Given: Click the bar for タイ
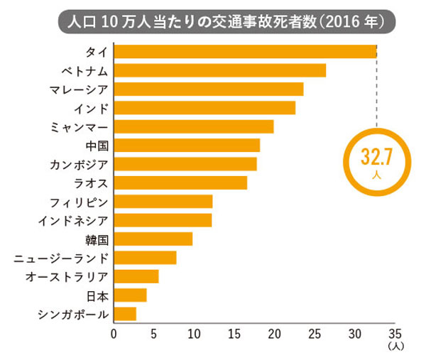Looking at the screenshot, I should tap(245, 52).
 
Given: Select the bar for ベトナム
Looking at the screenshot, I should tap(219, 70).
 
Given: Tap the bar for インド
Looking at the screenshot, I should tap(204, 108).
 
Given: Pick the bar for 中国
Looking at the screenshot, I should tap(187, 145).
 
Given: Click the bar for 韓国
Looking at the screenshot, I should tap(153, 239).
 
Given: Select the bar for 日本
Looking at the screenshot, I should tap(130, 295).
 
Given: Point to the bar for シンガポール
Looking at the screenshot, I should tap(125, 313).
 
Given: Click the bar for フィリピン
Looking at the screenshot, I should tap(163, 202).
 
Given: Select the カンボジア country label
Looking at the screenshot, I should tap(79, 164).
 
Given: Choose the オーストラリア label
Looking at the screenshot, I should tap(70, 276).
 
